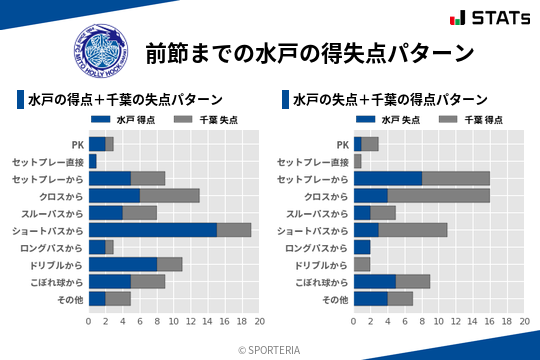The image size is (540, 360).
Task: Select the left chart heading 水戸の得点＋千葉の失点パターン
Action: (x=125, y=100)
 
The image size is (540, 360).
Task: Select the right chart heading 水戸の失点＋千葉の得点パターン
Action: (x=390, y=100)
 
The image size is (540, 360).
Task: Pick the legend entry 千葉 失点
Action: (x=197, y=120)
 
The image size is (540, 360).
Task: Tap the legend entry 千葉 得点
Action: (x=462, y=120)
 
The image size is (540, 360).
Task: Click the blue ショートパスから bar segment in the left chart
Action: (x=152, y=230)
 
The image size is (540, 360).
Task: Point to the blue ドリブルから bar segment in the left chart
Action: (x=122, y=264)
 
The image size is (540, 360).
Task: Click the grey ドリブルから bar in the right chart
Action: (x=362, y=264)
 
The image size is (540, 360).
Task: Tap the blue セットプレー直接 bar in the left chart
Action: (x=92, y=161)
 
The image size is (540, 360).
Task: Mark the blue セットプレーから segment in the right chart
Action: (x=387, y=178)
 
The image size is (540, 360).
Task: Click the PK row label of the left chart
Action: (x=77, y=144)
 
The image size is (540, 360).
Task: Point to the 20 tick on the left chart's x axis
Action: (x=259, y=322)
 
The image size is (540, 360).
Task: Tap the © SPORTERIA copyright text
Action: (x=270, y=349)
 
